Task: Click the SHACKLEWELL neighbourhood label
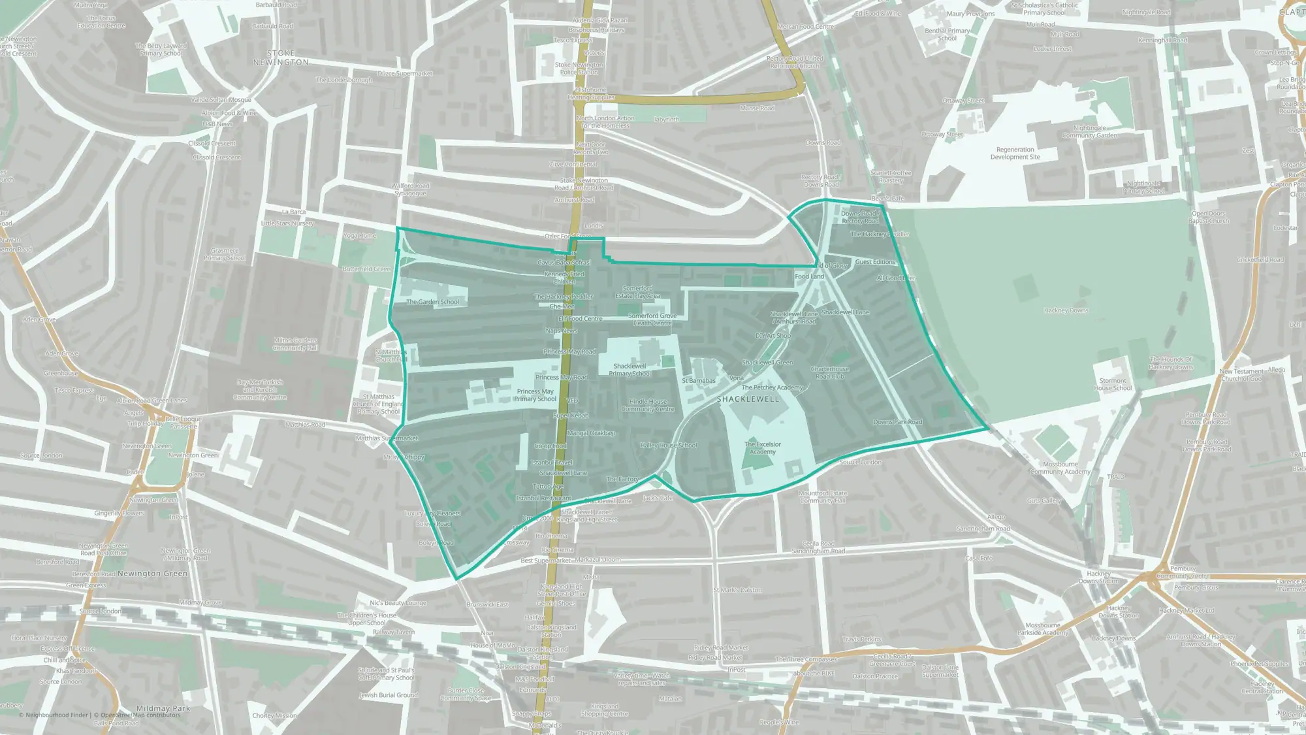tap(748, 399)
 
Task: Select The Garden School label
tap(432, 302)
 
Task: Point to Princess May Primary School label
tap(535, 395)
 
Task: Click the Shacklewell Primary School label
tap(629, 370)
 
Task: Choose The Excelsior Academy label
tap(762, 448)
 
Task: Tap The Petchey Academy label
tap(772, 387)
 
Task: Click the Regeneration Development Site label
tap(1015, 153)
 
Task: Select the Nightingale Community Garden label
tap(1089, 132)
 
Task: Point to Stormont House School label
tap(1113, 384)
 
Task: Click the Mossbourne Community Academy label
tap(1060, 468)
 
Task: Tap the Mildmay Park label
tap(163, 708)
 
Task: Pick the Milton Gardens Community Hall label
tap(295, 344)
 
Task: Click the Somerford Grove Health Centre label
tap(652, 319)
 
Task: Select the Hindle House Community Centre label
tap(648, 406)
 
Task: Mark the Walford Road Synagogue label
tap(410, 189)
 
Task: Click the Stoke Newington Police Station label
tap(579, 68)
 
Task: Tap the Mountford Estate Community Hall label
tap(823, 497)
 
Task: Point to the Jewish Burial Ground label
tap(388, 695)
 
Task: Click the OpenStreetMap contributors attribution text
tap(137, 715)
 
